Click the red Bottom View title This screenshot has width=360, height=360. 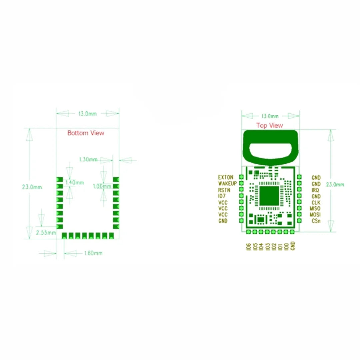[x=86, y=133]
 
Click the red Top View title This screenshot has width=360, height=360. [x=269, y=125]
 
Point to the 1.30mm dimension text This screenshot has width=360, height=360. [x=88, y=160]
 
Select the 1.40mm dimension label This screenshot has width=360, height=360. [x=75, y=183]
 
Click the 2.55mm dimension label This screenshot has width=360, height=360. [x=46, y=233]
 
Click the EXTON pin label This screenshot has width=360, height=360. [x=226, y=177]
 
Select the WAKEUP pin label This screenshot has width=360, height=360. [x=227, y=183]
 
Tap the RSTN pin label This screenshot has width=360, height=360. [x=224, y=190]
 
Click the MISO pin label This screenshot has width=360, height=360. [x=315, y=209]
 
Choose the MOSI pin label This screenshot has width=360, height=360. [x=315, y=215]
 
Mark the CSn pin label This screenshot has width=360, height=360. [x=316, y=221]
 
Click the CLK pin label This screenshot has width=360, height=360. [x=316, y=202]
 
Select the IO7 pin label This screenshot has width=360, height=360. [x=222, y=196]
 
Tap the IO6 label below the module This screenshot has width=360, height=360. [x=248, y=247]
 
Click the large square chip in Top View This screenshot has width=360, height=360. [x=269, y=196]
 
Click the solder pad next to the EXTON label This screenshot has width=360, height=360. [x=241, y=177]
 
